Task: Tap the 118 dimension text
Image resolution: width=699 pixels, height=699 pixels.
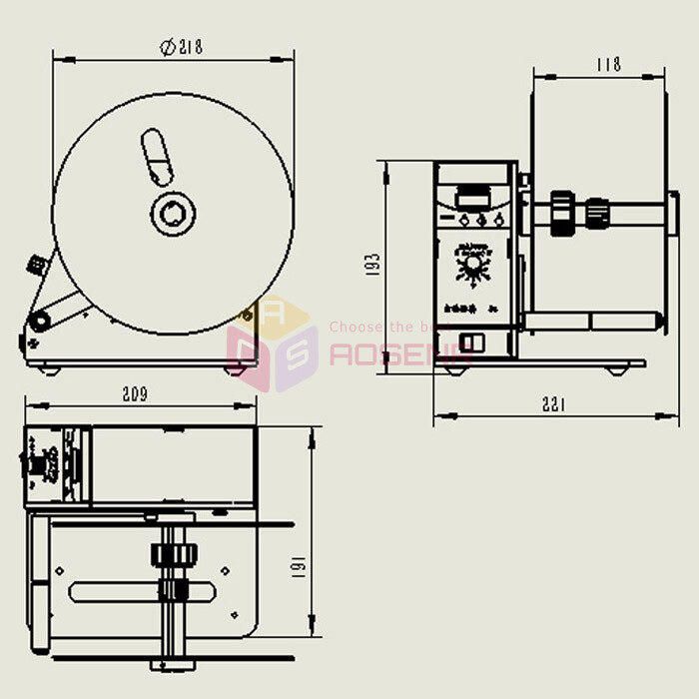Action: click(608, 64)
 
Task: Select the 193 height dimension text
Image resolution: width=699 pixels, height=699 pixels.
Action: click(374, 265)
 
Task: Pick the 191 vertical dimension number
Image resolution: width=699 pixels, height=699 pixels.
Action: click(297, 566)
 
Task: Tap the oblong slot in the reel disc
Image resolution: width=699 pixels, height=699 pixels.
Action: click(155, 157)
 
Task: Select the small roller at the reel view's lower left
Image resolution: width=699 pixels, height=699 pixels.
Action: click(41, 321)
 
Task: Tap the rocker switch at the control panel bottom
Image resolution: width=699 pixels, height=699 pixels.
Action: click(472, 343)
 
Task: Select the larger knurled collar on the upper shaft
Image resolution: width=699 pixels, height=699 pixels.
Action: click(562, 214)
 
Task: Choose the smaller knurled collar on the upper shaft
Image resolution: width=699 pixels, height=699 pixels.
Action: click(597, 213)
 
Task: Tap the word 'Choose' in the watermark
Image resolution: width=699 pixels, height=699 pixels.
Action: click(350, 327)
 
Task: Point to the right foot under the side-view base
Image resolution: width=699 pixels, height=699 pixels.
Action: click(617, 369)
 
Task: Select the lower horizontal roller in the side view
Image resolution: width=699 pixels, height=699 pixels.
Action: click(594, 320)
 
